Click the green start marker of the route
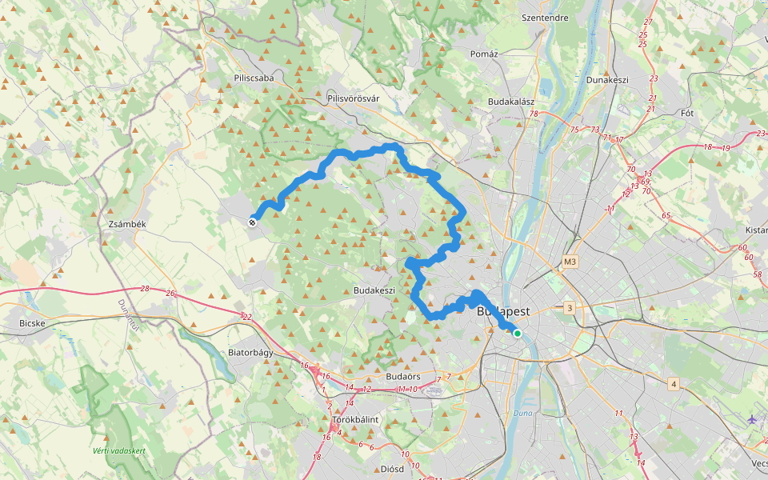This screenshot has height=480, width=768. (x=518, y=334)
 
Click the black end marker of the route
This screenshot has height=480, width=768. (x=253, y=222)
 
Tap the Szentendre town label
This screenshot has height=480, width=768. (x=544, y=17)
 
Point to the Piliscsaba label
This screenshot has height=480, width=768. (x=254, y=78)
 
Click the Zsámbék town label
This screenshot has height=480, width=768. (x=127, y=225)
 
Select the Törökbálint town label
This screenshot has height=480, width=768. (x=355, y=419)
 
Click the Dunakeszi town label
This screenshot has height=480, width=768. (x=608, y=80)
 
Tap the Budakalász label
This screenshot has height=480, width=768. (x=511, y=102)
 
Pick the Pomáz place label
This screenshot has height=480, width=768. (x=485, y=54)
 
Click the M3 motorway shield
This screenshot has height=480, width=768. (x=570, y=262)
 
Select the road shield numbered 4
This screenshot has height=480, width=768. (x=674, y=385)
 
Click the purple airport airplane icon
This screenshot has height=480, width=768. (x=752, y=419)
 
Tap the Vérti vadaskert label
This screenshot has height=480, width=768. (x=118, y=451)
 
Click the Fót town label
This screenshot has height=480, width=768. (x=686, y=113)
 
